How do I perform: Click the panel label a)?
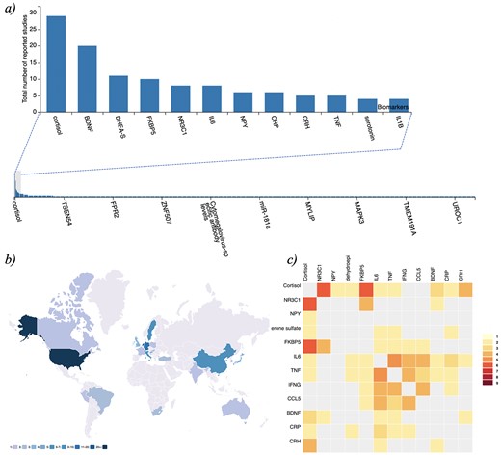(x=14, y=9)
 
